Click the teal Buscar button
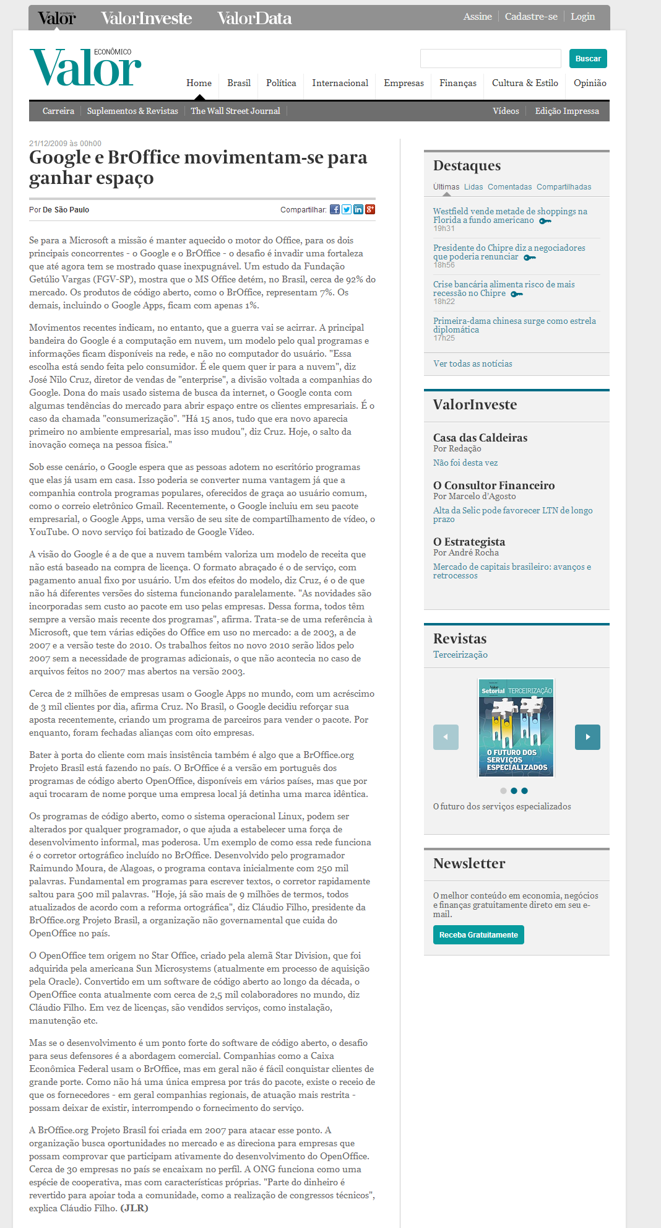point(588,59)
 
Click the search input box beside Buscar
point(490,59)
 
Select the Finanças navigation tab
point(458,83)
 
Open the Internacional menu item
point(340,83)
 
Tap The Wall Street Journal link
point(235,111)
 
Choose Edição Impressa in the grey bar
point(567,111)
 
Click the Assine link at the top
point(477,17)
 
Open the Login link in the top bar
point(582,17)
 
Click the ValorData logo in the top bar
point(254,19)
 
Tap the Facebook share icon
point(335,209)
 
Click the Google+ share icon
point(370,209)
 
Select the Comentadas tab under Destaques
point(509,187)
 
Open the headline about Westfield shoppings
point(510,216)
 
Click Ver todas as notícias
point(473,364)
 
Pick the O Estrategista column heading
point(469,542)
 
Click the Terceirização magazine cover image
point(516,728)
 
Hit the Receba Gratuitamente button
point(478,934)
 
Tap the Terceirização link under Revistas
point(460,655)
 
